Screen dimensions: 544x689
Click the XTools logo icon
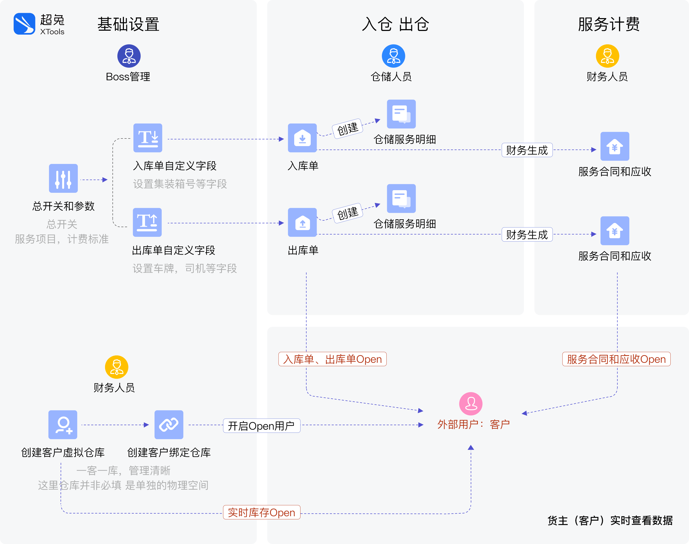coord(24,24)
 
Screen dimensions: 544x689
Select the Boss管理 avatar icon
coord(129,56)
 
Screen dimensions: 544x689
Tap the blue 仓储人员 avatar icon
coord(393,56)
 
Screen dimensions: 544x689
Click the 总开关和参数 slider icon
coord(63,178)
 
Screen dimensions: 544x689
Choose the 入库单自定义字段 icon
coord(147,138)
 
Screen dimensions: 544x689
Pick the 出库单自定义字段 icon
coord(147,222)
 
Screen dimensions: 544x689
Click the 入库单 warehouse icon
coord(302,138)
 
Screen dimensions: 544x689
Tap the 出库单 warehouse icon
coord(302,222)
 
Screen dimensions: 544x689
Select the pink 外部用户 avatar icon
coord(471,403)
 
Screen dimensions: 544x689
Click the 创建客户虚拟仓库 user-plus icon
coord(63,425)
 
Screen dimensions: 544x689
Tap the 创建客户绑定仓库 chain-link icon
coord(169,425)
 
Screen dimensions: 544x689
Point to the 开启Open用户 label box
coord(261,425)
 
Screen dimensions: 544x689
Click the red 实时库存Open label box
coord(261,512)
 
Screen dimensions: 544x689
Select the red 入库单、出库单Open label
coord(332,359)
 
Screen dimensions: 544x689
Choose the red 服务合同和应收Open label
coord(616,359)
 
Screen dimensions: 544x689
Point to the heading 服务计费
coord(609,24)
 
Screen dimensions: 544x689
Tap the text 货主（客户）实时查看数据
coord(610,520)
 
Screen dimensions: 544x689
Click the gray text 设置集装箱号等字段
coord(180,184)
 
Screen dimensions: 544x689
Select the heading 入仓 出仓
coord(395,24)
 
